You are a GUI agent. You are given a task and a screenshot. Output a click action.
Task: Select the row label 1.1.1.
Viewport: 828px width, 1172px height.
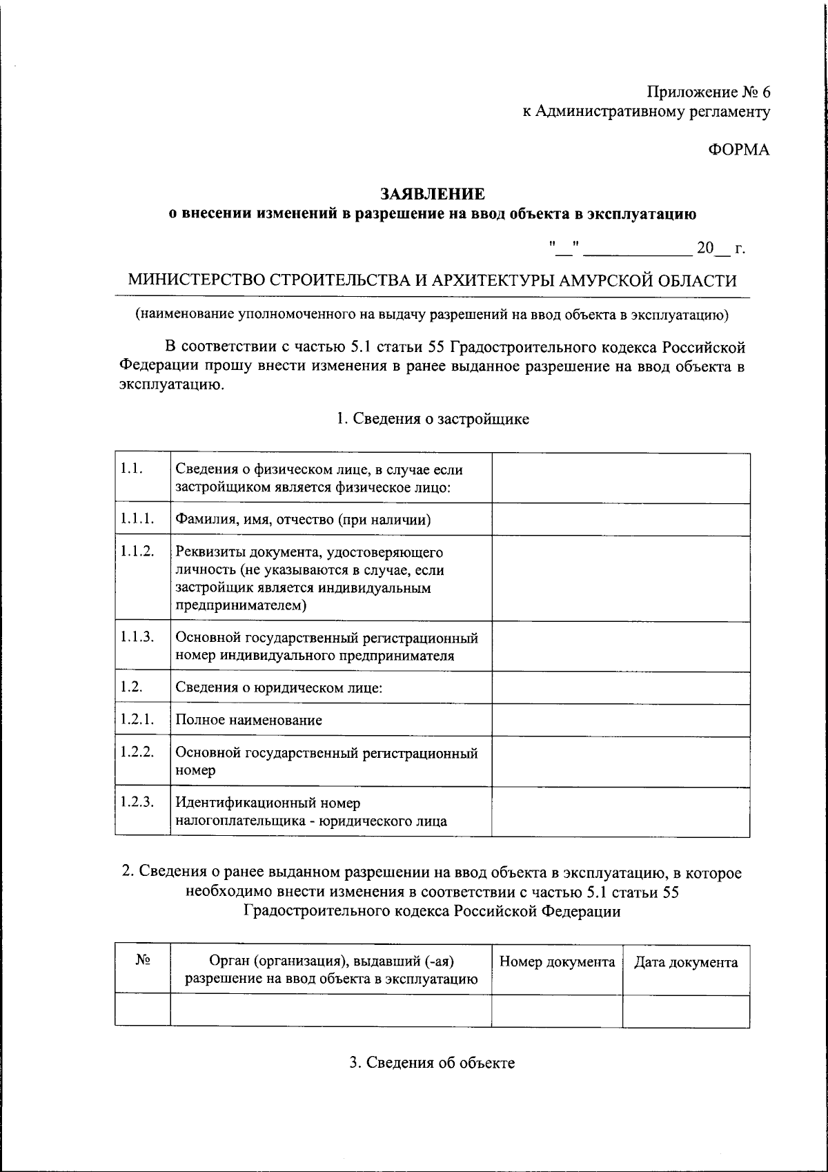click(136, 519)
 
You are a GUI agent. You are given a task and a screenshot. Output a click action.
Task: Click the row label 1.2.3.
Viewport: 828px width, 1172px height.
click(136, 802)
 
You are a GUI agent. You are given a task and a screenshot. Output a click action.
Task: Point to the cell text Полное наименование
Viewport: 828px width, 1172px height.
click(248, 720)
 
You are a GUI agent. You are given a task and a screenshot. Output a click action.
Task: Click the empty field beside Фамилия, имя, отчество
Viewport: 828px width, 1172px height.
click(620, 519)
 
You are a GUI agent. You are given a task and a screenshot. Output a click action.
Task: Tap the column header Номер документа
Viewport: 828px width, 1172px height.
click(557, 962)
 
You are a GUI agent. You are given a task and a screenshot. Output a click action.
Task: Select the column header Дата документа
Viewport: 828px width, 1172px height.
click(686, 962)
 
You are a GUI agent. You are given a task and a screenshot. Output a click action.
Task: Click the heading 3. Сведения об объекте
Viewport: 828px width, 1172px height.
click(432, 1062)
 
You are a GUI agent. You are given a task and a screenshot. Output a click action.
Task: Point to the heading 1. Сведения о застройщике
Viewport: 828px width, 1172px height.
click(433, 419)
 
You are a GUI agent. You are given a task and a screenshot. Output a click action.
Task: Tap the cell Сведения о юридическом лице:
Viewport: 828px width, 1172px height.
click(279, 687)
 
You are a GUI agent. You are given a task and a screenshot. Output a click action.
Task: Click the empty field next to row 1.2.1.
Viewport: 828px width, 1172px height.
click(620, 720)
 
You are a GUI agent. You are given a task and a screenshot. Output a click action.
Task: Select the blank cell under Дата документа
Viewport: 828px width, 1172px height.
click(686, 1010)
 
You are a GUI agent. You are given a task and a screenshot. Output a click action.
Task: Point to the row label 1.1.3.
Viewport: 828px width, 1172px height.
click(136, 636)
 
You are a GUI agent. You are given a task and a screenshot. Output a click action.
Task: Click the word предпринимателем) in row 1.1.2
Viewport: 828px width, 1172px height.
click(241, 606)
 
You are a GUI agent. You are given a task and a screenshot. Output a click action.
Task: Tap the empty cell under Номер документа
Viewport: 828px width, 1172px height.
click(557, 1010)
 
